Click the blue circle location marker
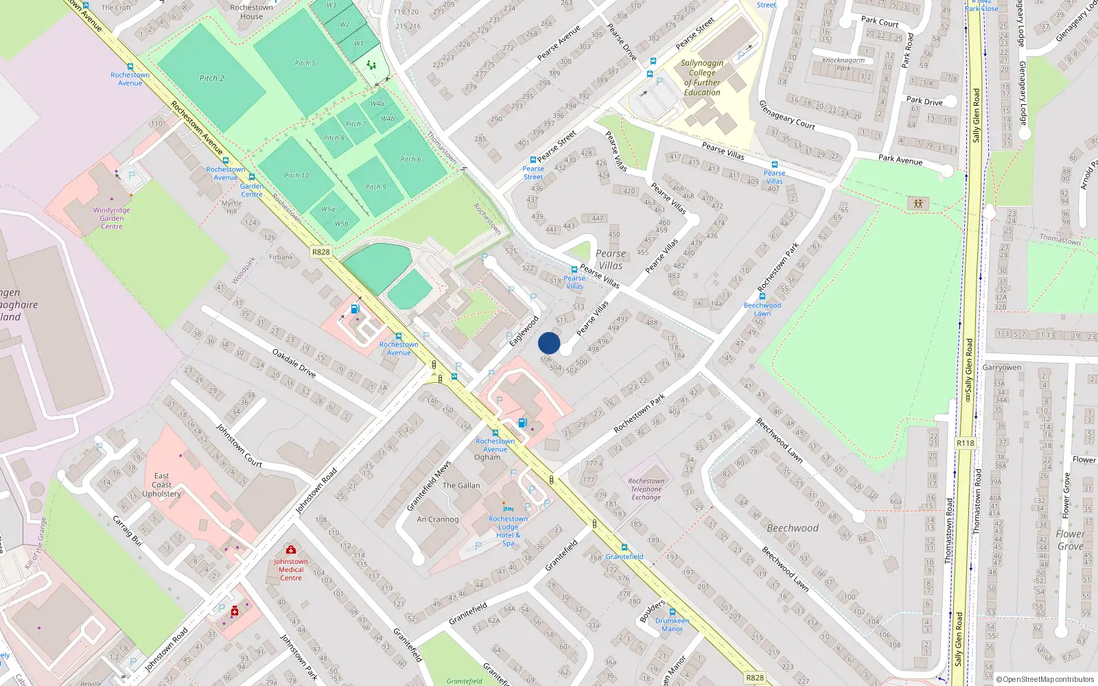[549, 343]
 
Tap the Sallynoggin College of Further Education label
[702, 78]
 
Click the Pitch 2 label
[211, 78]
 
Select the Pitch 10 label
[296, 176]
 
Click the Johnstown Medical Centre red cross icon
[291, 550]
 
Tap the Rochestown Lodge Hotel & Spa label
[508, 531]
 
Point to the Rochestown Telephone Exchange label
[646, 489]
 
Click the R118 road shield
[965, 443]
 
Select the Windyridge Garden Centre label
[111, 218]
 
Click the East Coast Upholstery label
[161, 484]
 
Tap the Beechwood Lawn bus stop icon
[762, 297]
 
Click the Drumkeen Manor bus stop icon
[672, 612]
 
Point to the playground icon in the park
[918, 203]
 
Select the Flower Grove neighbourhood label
[1071, 540]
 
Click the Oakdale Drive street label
[294, 363]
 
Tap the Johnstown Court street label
[239, 446]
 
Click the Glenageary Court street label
[786, 115]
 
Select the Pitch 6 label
[410, 159]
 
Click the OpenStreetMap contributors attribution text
[1048, 679]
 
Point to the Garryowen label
[1001, 368]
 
